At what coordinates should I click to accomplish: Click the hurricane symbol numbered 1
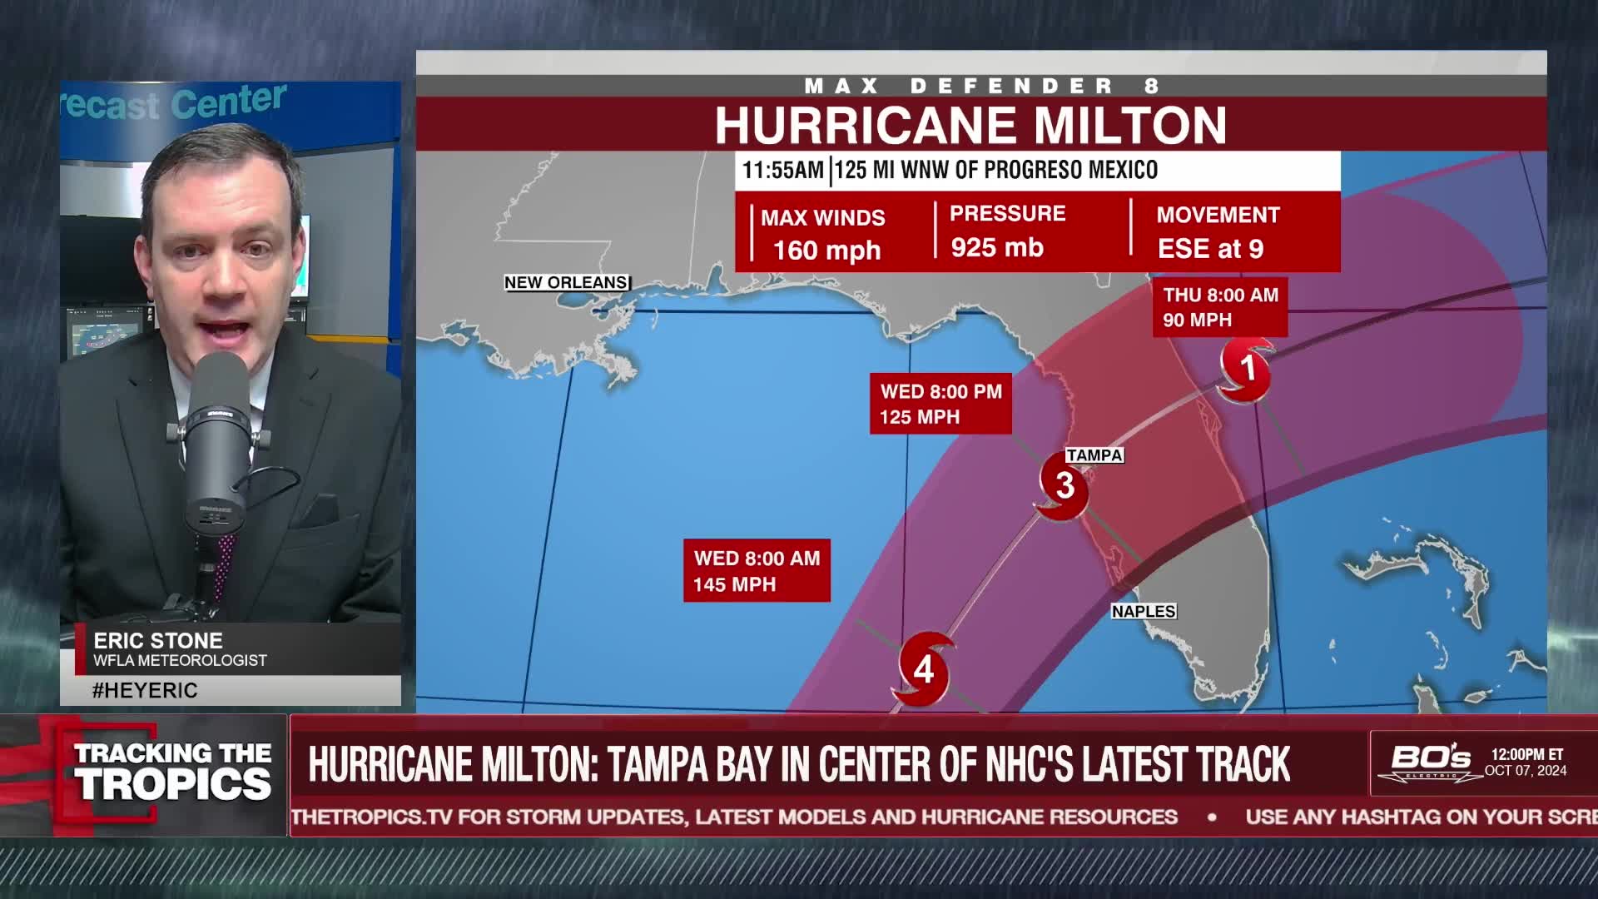(x=1245, y=370)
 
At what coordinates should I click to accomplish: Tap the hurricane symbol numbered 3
(x=1063, y=486)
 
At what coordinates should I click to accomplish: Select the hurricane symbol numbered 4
(x=924, y=669)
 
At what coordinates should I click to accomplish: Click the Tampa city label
(x=1094, y=455)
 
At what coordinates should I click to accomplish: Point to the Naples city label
(x=1144, y=611)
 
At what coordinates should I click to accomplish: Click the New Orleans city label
(x=566, y=283)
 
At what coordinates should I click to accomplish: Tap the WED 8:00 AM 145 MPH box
(x=757, y=571)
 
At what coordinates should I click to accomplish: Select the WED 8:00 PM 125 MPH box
(x=940, y=404)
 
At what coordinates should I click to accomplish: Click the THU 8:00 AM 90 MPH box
(x=1219, y=307)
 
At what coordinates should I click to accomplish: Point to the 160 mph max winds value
(x=826, y=251)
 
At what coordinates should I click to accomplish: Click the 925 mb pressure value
(x=996, y=248)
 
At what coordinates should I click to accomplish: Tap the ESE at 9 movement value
(x=1210, y=249)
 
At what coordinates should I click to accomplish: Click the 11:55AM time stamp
(x=782, y=171)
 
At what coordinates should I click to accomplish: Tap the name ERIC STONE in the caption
(x=158, y=640)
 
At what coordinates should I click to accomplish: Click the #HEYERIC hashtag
(x=145, y=690)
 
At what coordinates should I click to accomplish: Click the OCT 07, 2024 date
(x=1526, y=771)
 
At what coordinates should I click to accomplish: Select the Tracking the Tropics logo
(x=172, y=772)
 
